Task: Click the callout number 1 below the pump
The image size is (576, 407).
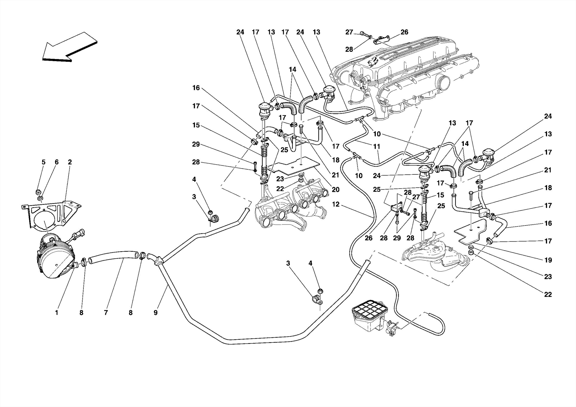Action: pos(57,312)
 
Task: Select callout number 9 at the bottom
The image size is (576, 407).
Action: pos(156,312)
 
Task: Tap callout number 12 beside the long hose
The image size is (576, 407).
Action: pos(336,204)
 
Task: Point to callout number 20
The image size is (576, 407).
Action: pos(336,190)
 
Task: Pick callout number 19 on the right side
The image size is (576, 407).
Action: pos(548,260)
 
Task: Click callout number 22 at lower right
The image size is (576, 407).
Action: pos(548,294)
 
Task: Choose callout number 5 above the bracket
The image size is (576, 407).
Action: pos(44,162)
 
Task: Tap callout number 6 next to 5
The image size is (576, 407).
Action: pos(57,162)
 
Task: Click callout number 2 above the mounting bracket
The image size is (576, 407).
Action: pos(70,162)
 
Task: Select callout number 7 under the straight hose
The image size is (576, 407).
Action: pos(106,312)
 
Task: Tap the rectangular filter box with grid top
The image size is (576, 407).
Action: pos(367,318)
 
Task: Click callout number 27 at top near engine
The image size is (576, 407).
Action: pos(349,32)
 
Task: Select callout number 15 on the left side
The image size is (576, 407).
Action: pos(196,125)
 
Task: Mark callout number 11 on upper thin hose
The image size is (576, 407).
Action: pos(377,146)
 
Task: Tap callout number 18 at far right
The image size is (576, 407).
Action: pos(548,188)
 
